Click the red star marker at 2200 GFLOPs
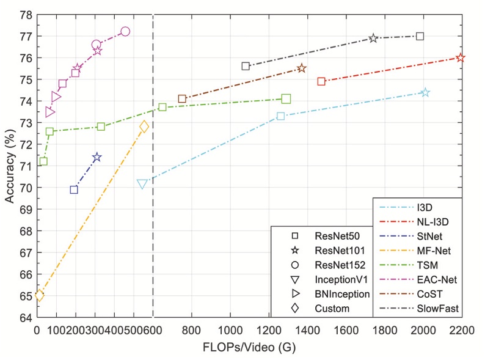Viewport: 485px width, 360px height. coord(460,57)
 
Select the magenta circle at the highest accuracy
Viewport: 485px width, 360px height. coord(125,31)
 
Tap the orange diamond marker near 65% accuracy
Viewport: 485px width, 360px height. coord(40,295)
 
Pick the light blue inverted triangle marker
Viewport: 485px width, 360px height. coord(142,183)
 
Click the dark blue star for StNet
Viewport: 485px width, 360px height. coord(97,157)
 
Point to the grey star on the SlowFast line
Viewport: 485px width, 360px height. coord(373,38)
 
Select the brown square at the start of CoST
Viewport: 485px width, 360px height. coord(182,98)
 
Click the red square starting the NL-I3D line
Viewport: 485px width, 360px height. coord(321,81)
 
